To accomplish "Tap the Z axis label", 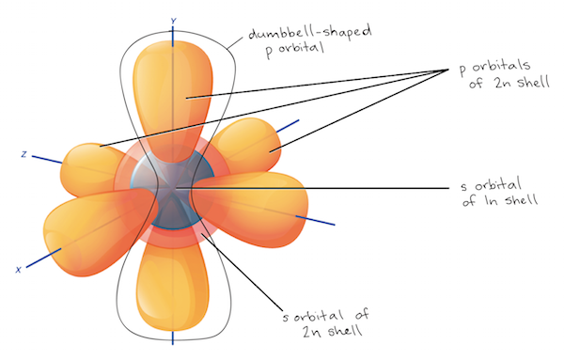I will tap(23, 152).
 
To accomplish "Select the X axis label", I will tap(18, 269).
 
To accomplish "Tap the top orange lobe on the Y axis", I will tap(174, 89).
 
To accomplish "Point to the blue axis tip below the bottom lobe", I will tap(173, 337).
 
